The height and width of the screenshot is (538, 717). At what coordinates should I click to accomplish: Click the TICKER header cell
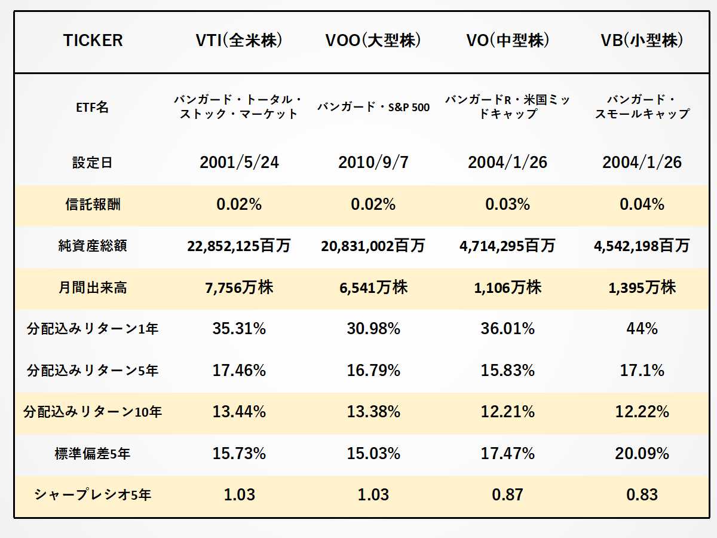[93, 41]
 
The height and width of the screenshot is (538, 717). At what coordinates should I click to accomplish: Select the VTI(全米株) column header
[239, 41]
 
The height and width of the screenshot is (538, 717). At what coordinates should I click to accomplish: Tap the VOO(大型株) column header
[373, 41]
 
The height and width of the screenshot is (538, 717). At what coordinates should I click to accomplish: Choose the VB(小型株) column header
[642, 41]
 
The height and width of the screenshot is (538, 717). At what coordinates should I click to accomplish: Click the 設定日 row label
[93, 163]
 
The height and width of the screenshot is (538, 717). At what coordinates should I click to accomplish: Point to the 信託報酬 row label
[93, 204]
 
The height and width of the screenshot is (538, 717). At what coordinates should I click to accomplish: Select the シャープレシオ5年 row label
[93, 495]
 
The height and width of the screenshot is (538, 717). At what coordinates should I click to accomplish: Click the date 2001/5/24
[239, 163]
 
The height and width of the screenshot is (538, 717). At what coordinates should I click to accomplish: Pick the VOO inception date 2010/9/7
[373, 163]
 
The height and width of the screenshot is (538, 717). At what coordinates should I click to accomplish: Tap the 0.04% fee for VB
[642, 204]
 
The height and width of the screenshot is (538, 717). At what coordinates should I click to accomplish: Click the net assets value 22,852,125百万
[239, 246]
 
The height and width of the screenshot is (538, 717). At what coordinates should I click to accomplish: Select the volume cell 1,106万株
[508, 288]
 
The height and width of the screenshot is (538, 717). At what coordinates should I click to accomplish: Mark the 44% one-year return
[642, 329]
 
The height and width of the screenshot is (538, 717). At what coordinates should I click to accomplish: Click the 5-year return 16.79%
[373, 371]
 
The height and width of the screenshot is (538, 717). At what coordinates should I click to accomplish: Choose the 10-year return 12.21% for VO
[508, 412]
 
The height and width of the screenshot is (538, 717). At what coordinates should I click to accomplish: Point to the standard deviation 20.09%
[642, 454]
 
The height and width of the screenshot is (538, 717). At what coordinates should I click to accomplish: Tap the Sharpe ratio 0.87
[508, 495]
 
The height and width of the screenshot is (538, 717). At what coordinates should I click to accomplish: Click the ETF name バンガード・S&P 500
[373, 108]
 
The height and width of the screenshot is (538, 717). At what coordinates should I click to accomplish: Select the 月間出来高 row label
[93, 288]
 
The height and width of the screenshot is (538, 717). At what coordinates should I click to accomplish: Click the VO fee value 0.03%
[508, 204]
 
